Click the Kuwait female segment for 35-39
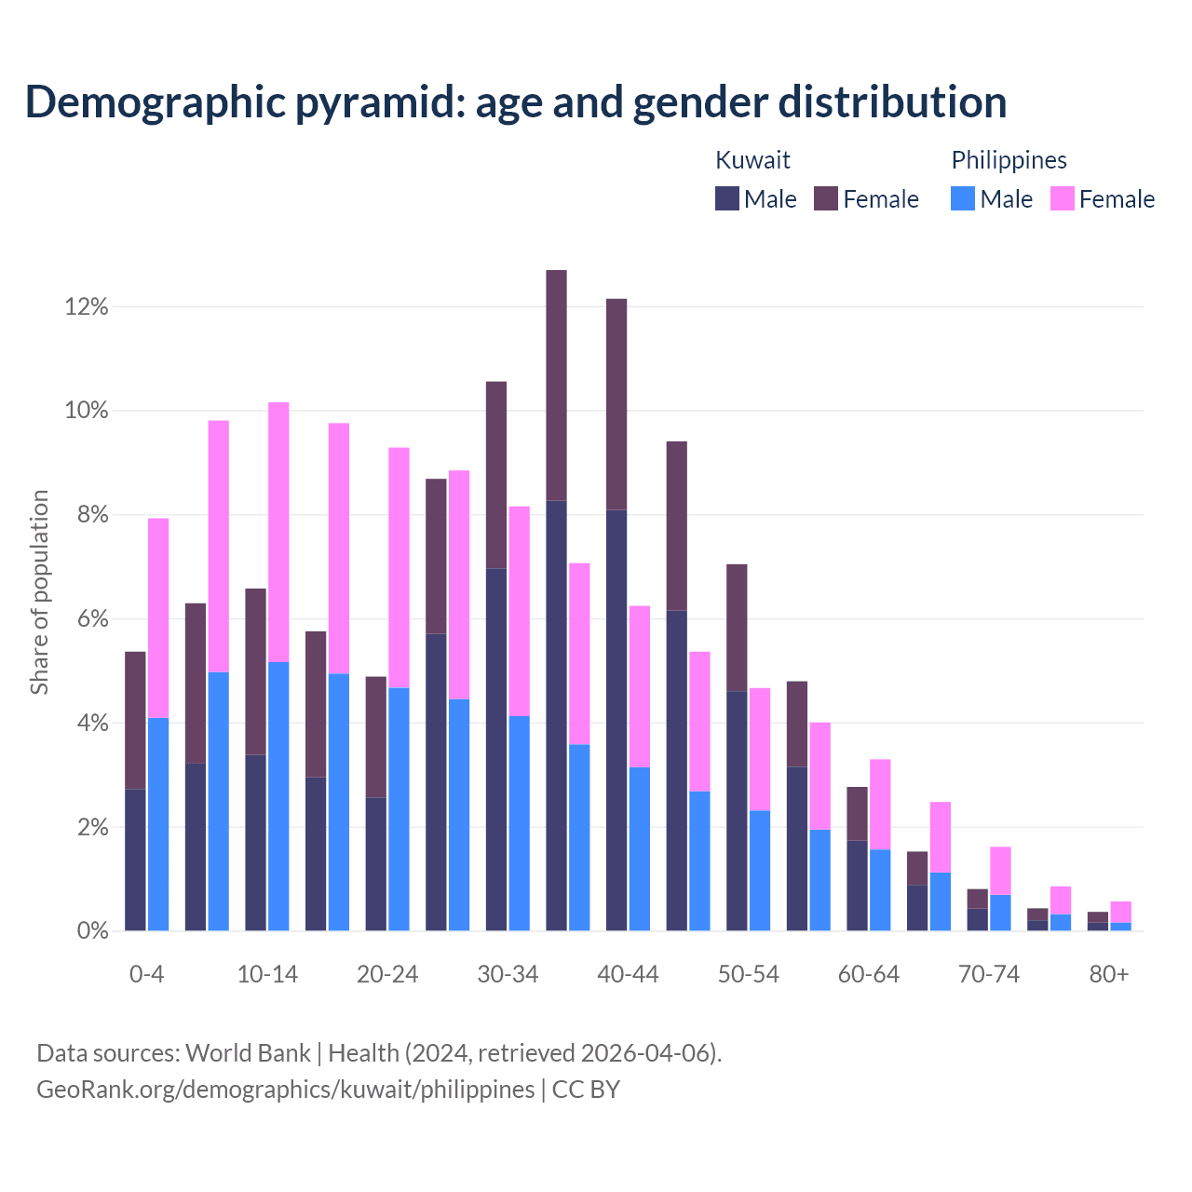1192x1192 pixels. click(x=556, y=386)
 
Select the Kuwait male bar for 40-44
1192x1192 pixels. click(x=616, y=720)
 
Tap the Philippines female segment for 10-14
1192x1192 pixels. click(x=278, y=532)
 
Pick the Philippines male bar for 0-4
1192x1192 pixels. click(x=158, y=824)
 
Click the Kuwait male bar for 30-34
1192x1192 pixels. click(x=496, y=750)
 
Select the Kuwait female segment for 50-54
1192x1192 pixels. click(x=737, y=628)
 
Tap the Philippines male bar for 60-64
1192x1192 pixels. click(x=880, y=890)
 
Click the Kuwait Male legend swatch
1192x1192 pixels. click(x=727, y=198)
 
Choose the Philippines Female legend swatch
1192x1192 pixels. click(x=1063, y=198)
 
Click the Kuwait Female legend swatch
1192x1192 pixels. click(x=826, y=198)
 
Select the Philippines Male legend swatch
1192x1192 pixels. click(x=963, y=198)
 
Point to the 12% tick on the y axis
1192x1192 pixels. click(x=87, y=306)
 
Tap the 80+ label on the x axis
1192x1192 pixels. click(x=1109, y=975)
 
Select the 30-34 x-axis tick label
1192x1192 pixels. click(x=508, y=975)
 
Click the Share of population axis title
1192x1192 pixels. click(x=40, y=592)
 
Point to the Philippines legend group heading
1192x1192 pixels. click(x=1009, y=160)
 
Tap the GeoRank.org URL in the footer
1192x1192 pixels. click(x=285, y=1089)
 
